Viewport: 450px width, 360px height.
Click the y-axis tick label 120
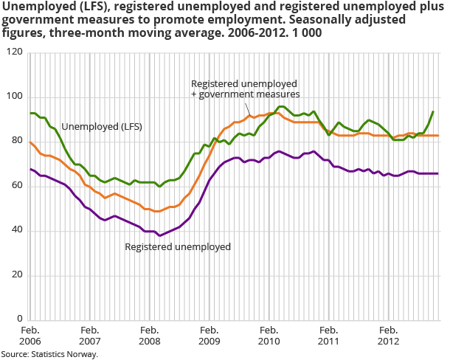click(x=14, y=52)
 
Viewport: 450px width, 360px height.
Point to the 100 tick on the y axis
click(x=14, y=97)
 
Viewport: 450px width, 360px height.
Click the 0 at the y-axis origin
click(x=19, y=319)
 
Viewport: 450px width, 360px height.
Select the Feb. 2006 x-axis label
click(x=30, y=336)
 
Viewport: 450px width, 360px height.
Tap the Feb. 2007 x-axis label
click(x=89, y=336)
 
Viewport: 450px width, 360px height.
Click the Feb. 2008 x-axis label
click(x=149, y=336)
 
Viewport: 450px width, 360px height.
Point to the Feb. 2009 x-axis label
click(x=209, y=336)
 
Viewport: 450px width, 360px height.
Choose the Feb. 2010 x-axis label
click(x=269, y=336)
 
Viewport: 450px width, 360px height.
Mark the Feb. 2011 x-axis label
click(x=328, y=336)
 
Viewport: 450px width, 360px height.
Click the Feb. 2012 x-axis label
click(x=388, y=336)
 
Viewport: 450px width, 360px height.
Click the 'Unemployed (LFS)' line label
click(x=102, y=127)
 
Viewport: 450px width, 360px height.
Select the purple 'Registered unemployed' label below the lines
click(x=178, y=246)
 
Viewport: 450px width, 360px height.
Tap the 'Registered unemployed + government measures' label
click(x=245, y=89)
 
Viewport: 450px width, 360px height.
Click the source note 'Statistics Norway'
click(x=49, y=354)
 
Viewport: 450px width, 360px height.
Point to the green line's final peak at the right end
click(x=432, y=111)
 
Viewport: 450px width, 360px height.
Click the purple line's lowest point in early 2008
click(x=159, y=235)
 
